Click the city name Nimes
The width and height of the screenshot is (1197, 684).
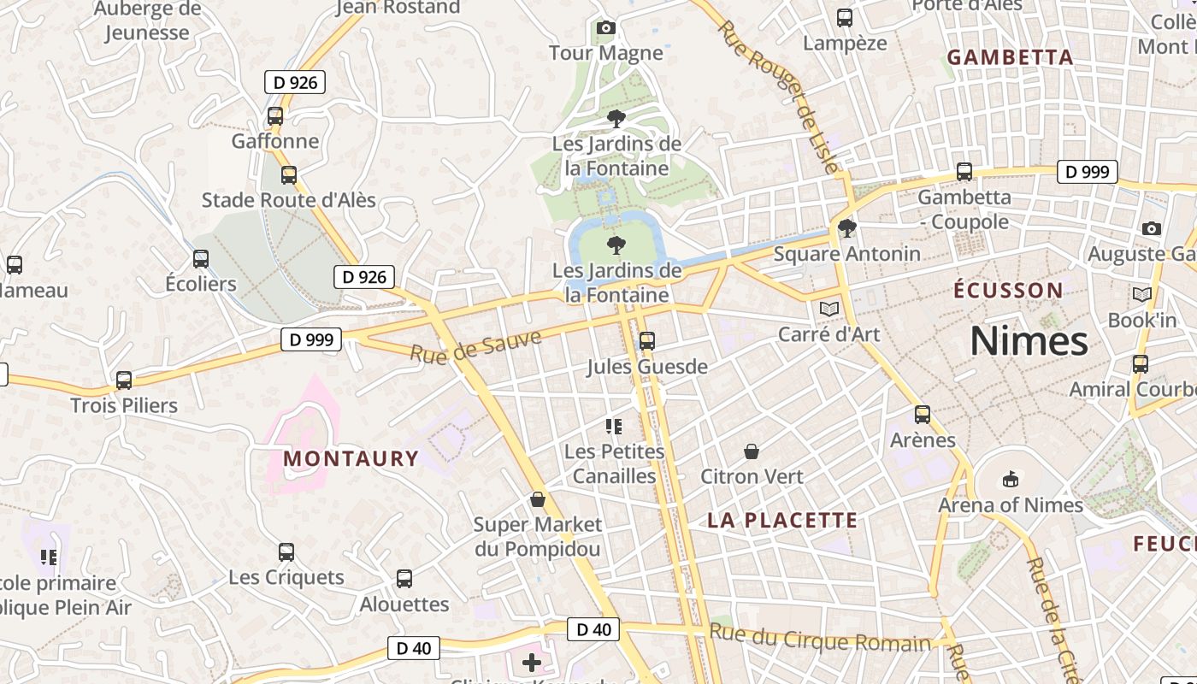pos(1029,342)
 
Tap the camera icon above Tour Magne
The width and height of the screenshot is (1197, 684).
pos(606,28)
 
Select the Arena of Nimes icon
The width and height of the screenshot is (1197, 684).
pos(1011,479)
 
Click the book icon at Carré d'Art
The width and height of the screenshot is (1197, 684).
pos(828,309)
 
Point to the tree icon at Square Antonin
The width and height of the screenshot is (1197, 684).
pos(847,228)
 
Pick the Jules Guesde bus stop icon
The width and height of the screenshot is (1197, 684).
pos(647,341)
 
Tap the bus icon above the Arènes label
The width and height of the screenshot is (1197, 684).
pos(923,415)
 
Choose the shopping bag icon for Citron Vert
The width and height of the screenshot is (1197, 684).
pos(752,451)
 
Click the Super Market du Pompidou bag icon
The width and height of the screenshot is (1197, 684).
pos(538,499)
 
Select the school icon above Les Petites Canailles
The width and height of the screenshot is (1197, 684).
pos(613,426)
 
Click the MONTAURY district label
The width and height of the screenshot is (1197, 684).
pos(351,458)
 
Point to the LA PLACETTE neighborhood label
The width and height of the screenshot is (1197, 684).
pos(782,520)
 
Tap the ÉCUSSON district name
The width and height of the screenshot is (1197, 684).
pos(1008,290)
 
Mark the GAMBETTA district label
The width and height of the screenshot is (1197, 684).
pos(1010,57)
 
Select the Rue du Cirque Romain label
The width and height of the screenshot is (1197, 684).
pos(820,639)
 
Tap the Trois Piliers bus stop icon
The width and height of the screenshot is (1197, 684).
pos(124,380)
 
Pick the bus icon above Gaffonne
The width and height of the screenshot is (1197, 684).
pos(275,116)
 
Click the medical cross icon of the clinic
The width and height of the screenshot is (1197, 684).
pos(532,663)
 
